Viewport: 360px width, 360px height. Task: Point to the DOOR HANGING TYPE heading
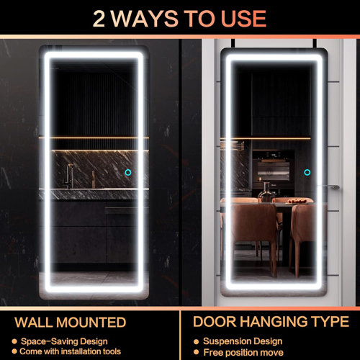point(271,321)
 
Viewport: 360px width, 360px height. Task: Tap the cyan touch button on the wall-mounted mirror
point(127,173)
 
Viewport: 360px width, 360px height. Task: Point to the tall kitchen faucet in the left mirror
point(70,175)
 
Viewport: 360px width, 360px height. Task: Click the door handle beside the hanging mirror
point(330,187)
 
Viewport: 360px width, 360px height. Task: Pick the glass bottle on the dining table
point(267,191)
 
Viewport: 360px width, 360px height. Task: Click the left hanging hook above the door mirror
point(228,45)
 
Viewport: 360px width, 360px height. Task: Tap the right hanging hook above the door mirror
point(316,45)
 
